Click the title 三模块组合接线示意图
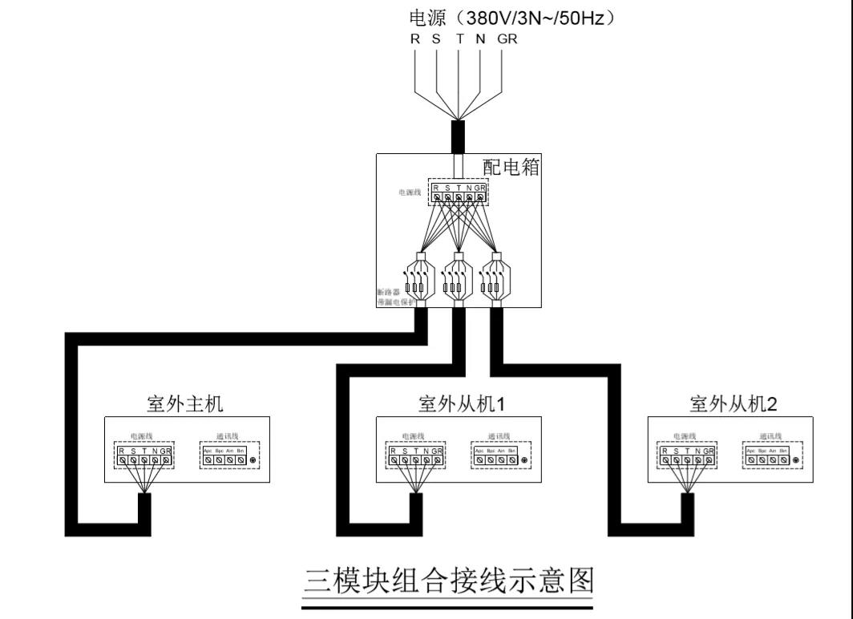click(x=447, y=580)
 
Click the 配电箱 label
click(x=511, y=167)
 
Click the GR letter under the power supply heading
click(x=507, y=38)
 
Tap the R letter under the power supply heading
click(x=414, y=38)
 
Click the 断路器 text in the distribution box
click(x=387, y=292)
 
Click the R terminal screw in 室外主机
click(x=121, y=461)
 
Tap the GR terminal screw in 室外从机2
click(x=709, y=461)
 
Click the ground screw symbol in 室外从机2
click(x=796, y=461)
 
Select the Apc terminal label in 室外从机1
click(x=479, y=451)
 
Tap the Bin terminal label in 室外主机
click(x=241, y=451)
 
